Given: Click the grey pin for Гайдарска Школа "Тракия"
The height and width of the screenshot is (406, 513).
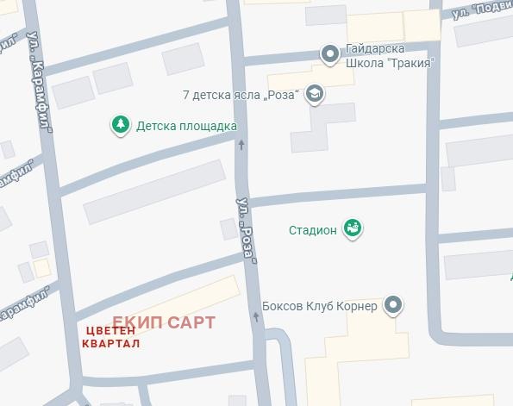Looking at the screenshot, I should [x=329, y=54].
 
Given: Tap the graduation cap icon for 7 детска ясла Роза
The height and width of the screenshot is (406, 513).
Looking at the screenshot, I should [x=315, y=94].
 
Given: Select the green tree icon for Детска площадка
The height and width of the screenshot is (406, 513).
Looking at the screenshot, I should [x=121, y=125].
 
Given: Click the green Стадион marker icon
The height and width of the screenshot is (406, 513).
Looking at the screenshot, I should [x=352, y=228].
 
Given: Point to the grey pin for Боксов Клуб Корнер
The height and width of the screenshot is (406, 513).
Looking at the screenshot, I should [x=393, y=305].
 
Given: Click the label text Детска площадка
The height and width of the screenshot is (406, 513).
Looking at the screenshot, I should [x=186, y=126].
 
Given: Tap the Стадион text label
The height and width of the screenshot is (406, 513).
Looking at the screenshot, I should [x=311, y=230].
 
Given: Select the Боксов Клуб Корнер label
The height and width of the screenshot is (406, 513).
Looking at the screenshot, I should [x=319, y=307].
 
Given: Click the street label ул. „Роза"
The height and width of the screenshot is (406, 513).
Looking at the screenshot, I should [x=247, y=228].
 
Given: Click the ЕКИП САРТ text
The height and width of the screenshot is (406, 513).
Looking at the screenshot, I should [x=164, y=322].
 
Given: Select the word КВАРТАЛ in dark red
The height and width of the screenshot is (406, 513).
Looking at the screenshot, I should [x=109, y=343].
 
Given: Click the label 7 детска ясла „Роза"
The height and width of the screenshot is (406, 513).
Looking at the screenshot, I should [x=241, y=93].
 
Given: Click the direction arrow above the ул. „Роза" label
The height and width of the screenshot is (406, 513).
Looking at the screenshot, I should [x=241, y=144].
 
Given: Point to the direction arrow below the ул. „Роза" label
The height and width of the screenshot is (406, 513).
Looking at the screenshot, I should [x=256, y=317].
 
